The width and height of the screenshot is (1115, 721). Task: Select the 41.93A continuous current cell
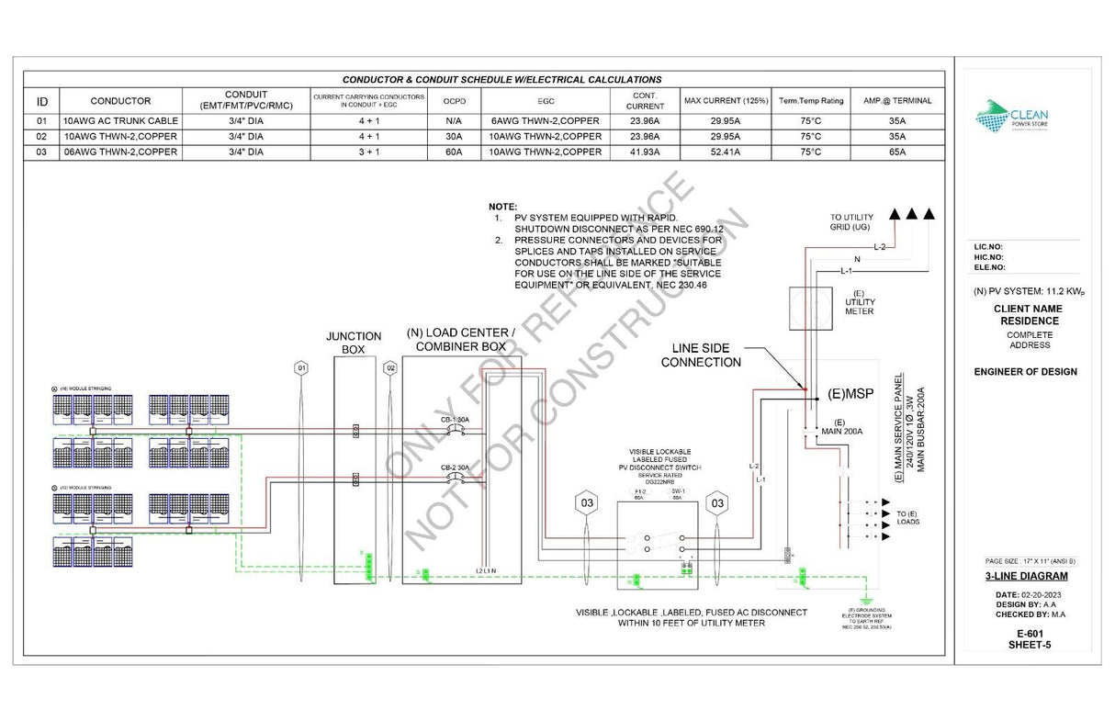click(x=644, y=152)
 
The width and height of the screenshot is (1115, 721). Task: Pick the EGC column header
click(x=546, y=100)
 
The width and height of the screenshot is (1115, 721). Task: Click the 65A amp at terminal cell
click(x=896, y=152)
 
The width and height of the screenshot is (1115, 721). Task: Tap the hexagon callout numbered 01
click(x=300, y=368)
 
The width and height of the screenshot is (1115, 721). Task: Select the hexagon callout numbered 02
click(x=390, y=368)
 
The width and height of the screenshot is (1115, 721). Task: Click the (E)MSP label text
click(x=850, y=394)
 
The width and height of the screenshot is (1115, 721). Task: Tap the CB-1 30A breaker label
click(x=455, y=420)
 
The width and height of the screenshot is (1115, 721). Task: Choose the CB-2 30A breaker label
click(x=455, y=468)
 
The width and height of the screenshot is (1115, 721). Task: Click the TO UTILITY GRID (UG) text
click(x=851, y=221)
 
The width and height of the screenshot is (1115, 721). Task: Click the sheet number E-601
click(x=1026, y=634)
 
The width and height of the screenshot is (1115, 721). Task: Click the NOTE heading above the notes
click(x=502, y=207)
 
